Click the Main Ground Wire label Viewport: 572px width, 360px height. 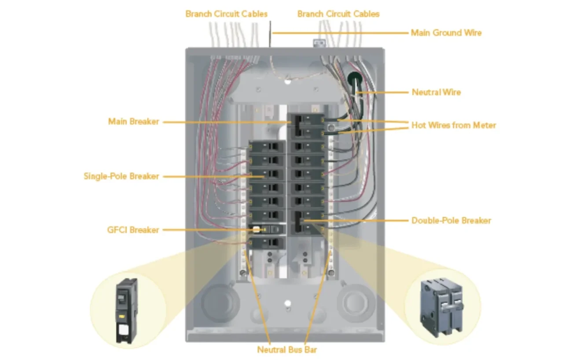pos(446,33)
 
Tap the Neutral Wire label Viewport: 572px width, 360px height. pos(436,92)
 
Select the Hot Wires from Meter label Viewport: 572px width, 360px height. pos(453,125)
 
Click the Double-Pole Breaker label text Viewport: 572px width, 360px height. pos(451,220)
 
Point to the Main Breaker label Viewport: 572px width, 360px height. pos(133,121)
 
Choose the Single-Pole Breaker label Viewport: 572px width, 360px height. pos(121,176)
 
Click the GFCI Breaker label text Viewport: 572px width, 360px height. pos(132,230)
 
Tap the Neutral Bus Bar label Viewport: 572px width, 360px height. pos(287,350)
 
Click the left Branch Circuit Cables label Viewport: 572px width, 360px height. pos(226,14)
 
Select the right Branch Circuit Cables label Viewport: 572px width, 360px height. pos(338,14)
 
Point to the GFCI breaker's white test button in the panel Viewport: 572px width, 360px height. pos(257,230)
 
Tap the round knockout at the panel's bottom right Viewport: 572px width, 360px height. pos(355,302)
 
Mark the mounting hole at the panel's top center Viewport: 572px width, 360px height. pos(287,81)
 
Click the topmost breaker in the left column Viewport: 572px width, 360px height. pos(267,147)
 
